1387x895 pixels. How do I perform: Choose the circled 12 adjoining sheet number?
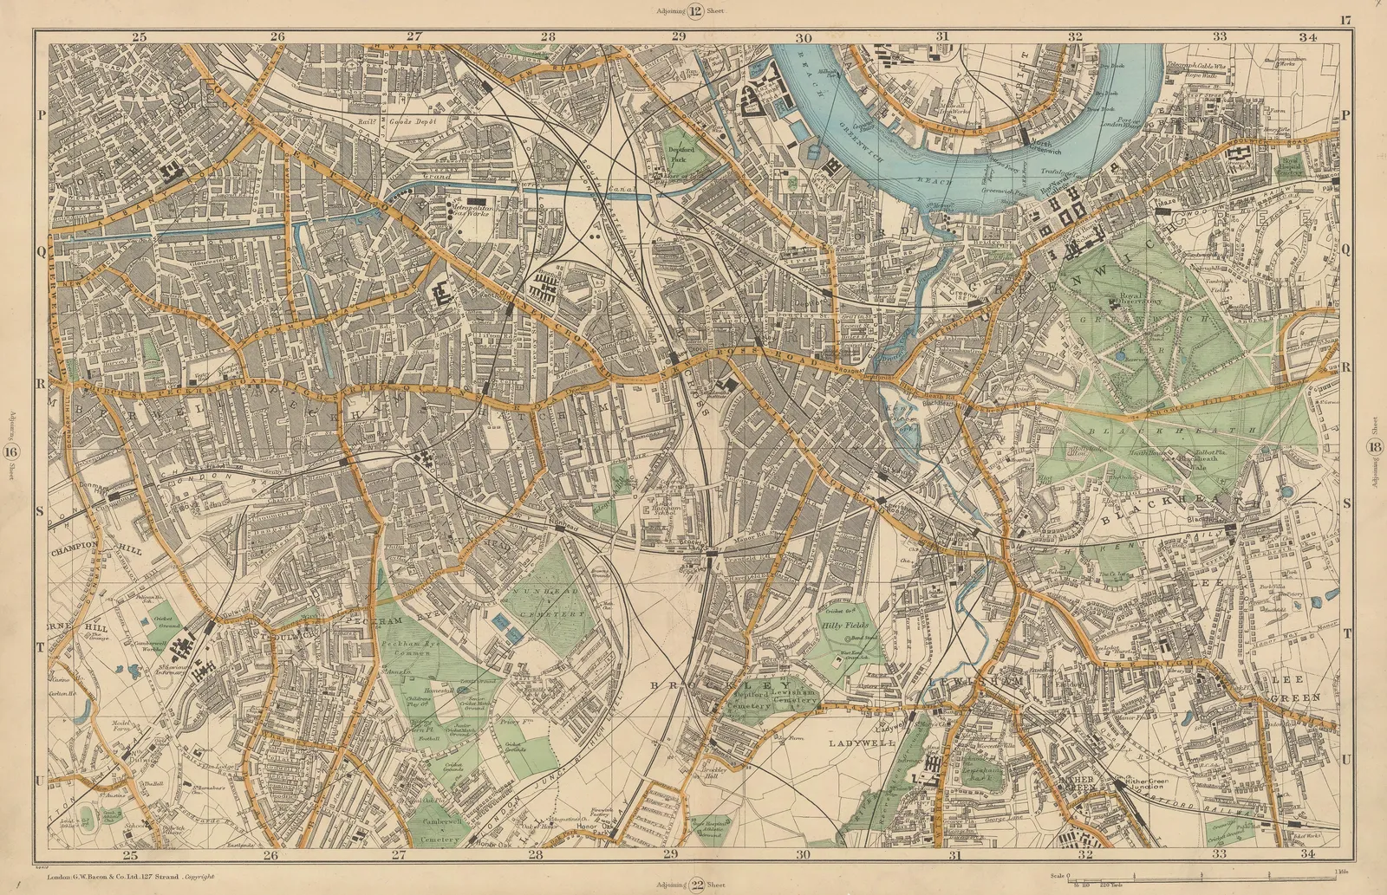pos(695,10)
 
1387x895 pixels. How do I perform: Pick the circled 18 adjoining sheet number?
pos(1374,447)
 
